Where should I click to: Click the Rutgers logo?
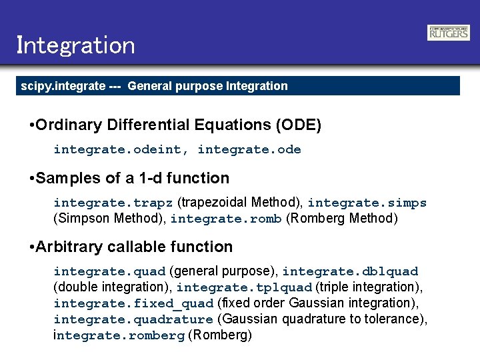tap(448, 33)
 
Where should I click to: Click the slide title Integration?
tap(75, 45)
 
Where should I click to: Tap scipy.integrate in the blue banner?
tap(63, 86)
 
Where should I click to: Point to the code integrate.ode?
tap(249, 149)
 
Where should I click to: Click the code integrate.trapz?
tap(113, 203)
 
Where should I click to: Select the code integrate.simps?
tap(367, 203)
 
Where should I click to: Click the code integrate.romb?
tap(226, 219)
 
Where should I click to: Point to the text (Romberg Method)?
tap(341, 219)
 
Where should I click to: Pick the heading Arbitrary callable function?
tap(135, 247)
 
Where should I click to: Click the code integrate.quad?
tap(110, 271)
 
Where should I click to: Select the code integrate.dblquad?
tap(350, 271)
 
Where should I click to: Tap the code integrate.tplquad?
tap(244, 287)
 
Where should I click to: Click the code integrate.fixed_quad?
tap(133, 303)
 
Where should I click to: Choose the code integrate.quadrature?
tap(133, 319)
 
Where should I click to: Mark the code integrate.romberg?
tap(119, 335)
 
